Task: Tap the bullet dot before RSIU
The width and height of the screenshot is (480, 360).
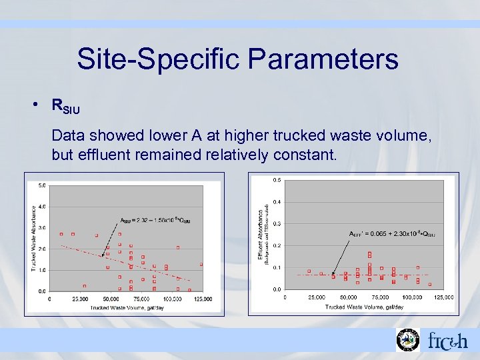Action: click(41, 105)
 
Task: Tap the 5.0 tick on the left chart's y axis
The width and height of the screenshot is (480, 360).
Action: click(42, 185)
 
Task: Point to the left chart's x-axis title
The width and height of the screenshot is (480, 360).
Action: click(124, 307)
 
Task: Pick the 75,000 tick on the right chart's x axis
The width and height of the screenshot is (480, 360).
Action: click(380, 297)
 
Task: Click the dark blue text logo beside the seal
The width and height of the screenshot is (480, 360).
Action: click(447, 341)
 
